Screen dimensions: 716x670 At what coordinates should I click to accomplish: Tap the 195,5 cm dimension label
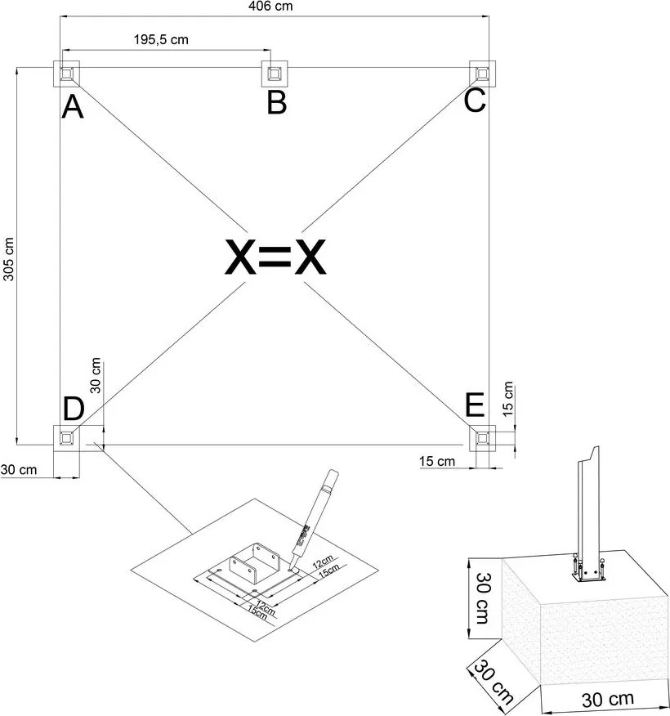click(164, 39)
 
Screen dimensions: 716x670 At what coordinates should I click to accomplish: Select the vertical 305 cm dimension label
click(9, 260)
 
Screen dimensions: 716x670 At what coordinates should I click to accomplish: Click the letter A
click(73, 107)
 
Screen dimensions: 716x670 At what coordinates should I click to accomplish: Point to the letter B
click(277, 104)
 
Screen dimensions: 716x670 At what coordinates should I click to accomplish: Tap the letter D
click(74, 408)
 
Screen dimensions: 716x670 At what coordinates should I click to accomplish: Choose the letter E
click(474, 405)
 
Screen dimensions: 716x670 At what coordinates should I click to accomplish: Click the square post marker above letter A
click(66, 74)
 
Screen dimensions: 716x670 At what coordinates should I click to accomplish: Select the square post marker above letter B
click(276, 74)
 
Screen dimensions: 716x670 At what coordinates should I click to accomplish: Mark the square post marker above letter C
click(484, 74)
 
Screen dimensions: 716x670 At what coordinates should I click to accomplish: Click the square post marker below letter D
click(66, 439)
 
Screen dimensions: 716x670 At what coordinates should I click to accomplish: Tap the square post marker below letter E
click(484, 439)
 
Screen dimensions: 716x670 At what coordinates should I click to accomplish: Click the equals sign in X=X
click(275, 258)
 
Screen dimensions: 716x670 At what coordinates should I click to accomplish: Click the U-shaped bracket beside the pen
click(258, 563)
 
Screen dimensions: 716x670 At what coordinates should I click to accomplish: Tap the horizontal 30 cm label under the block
click(606, 700)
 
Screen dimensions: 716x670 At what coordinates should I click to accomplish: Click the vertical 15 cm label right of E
click(508, 400)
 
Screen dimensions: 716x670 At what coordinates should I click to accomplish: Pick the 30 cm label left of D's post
click(18, 469)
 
